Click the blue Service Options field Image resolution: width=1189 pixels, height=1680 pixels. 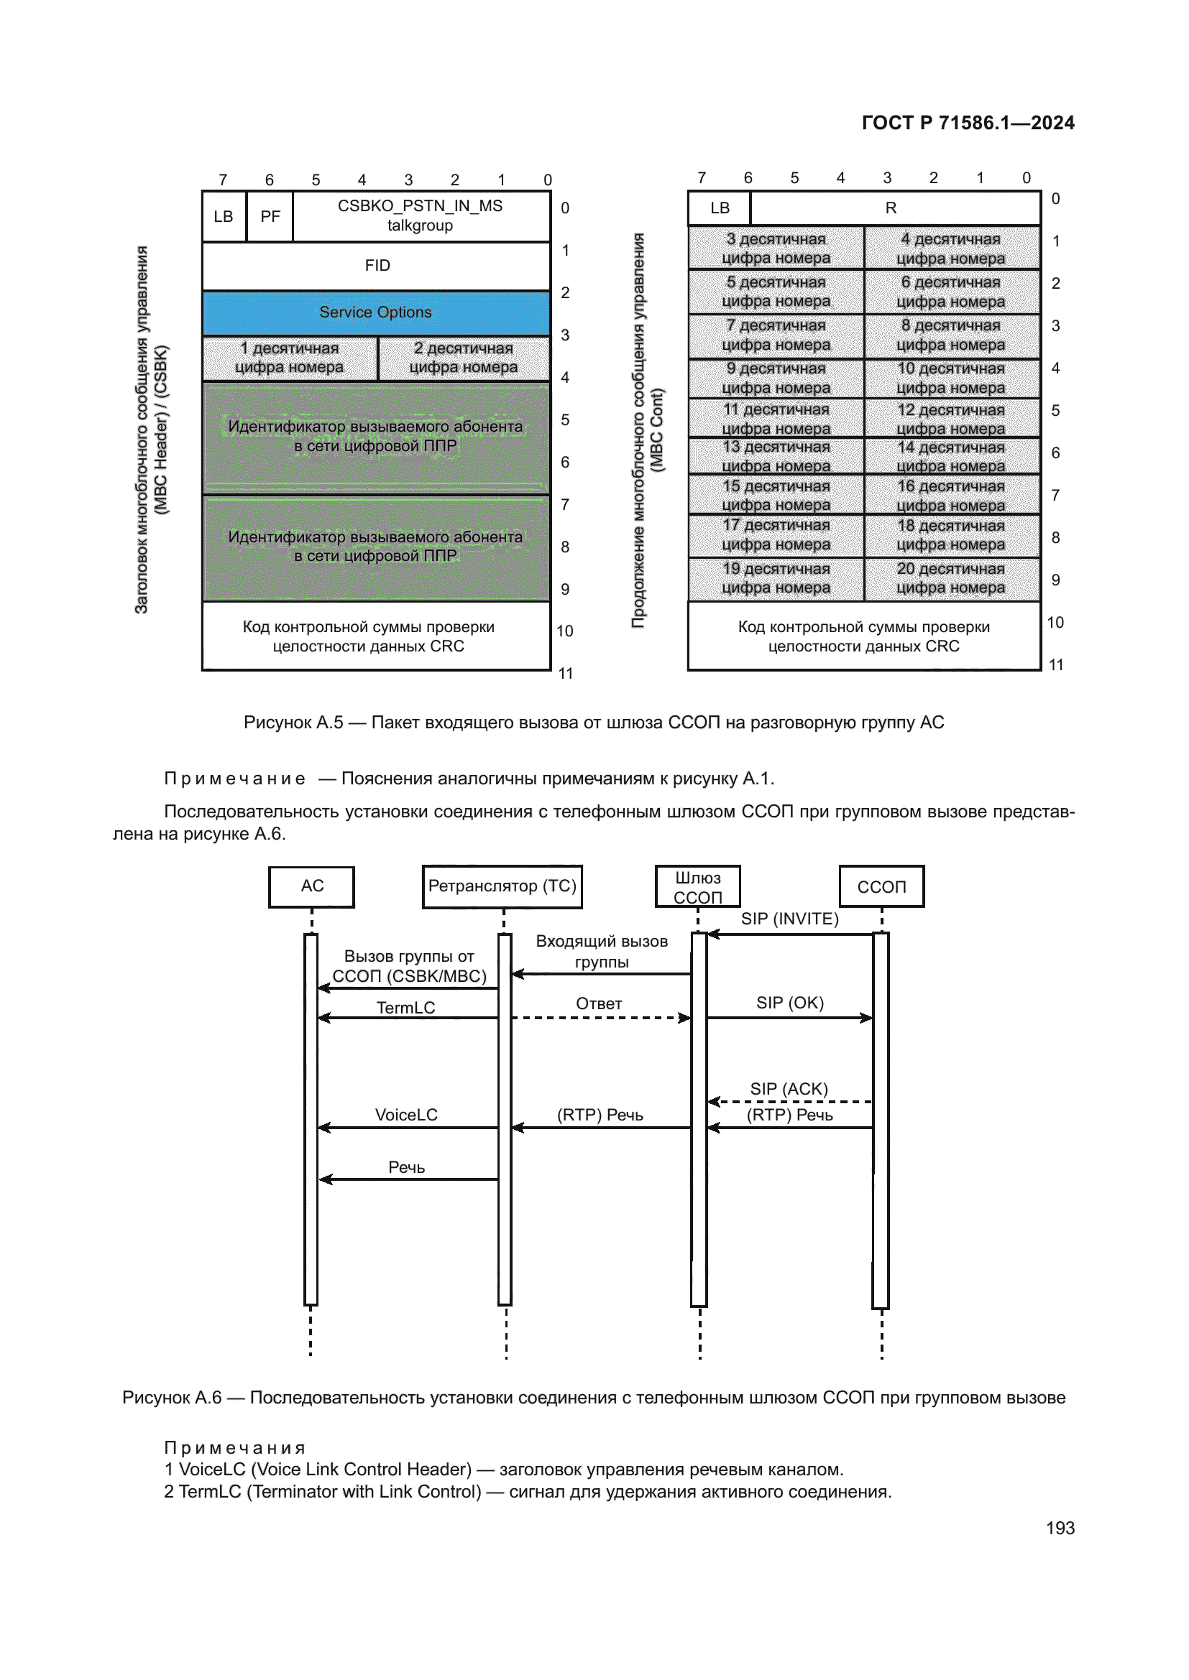point(375,313)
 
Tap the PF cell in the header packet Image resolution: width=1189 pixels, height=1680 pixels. point(270,217)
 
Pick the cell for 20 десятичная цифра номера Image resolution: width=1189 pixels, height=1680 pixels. point(951,579)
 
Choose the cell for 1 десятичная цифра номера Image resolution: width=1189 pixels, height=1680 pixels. point(290,358)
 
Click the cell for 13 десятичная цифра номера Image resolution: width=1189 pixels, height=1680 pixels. point(776,457)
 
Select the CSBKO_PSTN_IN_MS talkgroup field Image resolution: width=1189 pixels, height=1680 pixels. point(421,216)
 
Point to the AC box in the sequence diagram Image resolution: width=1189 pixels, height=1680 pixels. point(312,886)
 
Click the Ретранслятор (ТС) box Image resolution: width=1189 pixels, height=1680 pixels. point(502,886)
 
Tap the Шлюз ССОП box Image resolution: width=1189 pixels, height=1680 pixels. point(698,887)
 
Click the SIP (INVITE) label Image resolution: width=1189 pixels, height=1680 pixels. point(789,919)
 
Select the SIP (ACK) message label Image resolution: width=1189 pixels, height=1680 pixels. point(789,1089)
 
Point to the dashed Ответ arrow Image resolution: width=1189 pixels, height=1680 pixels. point(600,1017)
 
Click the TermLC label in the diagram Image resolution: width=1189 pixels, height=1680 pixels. point(405,1008)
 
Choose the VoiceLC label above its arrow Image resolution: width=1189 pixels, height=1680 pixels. point(406,1115)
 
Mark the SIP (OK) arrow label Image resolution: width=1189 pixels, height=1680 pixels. point(790,1003)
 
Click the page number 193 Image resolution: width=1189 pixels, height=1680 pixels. point(1060,1528)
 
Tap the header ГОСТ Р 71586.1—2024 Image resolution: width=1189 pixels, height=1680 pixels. point(967,123)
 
